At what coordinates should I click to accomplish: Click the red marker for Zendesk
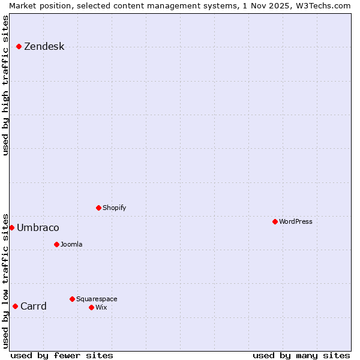(x=19, y=46)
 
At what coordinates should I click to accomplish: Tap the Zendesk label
(x=44, y=47)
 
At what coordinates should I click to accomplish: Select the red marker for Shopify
(x=98, y=208)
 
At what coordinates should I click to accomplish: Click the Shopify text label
(x=114, y=208)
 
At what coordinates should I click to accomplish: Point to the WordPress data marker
(x=275, y=221)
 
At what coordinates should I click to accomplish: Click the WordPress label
(x=295, y=221)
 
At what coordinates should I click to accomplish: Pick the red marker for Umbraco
(x=11, y=227)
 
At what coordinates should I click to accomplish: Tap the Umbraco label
(x=38, y=228)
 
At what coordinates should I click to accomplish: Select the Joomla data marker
(x=56, y=244)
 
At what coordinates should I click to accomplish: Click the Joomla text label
(x=71, y=244)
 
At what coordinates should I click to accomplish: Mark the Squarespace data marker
(x=72, y=299)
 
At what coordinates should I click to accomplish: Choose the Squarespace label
(x=97, y=299)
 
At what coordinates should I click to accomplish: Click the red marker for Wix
(x=91, y=307)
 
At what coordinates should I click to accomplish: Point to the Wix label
(x=101, y=307)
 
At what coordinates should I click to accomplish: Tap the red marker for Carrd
(x=15, y=306)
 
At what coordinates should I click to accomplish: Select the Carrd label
(x=33, y=307)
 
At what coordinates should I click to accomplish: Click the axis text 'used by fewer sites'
(x=62, y=355)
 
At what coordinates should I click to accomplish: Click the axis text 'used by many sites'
(x=301, y=355)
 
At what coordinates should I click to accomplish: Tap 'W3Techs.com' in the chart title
(x=322, y=5)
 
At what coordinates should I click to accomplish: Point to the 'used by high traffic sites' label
(x=5, y=85)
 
